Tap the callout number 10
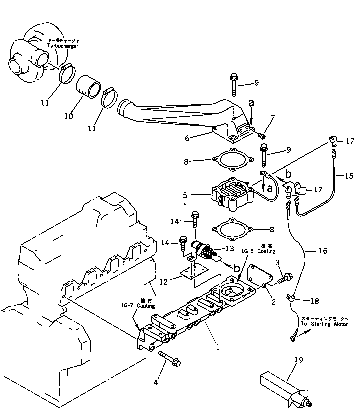pyautogui.click(x=68, y=116)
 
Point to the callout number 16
pyautogui.click(x=323, y=250)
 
